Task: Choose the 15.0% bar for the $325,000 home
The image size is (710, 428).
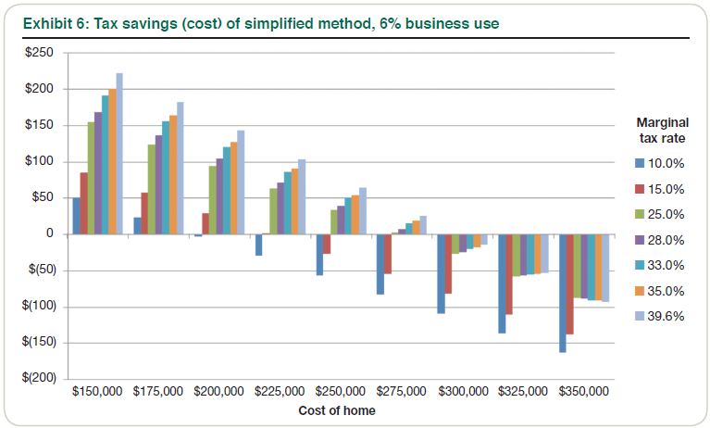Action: [509, 274]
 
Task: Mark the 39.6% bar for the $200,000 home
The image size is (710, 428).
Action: [241, 183]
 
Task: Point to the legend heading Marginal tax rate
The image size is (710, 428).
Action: [659, 130]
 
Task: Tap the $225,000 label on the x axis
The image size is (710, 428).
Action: [280, 393]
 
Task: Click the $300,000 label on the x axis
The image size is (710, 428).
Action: [462, 393]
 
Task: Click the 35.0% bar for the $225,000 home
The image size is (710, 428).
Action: [294, 201]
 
